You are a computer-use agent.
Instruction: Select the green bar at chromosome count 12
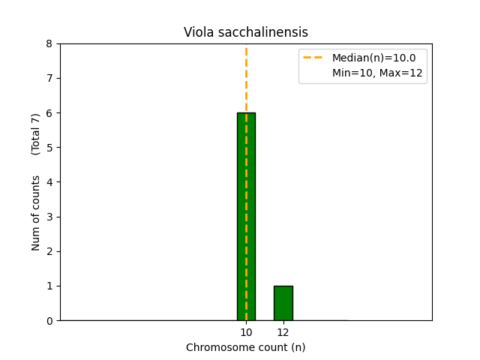click(x=283, y=303)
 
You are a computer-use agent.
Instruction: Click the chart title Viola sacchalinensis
click(x=246, y=32)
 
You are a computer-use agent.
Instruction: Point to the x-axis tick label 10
click(x=246, y=332)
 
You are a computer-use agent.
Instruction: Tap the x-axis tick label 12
click(x=283, y=332)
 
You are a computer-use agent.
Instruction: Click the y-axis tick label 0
click(x=49, y=321)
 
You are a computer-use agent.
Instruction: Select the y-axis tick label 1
click(x=49, y=286)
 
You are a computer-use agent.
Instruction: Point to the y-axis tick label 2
click(x=49, y=251)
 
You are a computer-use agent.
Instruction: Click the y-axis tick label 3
click(x=49, y=217)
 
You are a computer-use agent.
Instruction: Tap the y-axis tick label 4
click(x=49, y=182)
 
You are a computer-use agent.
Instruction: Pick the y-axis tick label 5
click(x=49, y=148)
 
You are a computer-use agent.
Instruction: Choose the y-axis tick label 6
click(x=49, y=113)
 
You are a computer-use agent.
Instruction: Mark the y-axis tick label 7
click(x=49, y=78)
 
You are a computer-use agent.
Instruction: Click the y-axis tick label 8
click(x=49, y=43)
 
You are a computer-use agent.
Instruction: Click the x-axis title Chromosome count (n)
click(x=246, y=347)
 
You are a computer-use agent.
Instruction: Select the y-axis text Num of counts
click(x=36, y=213)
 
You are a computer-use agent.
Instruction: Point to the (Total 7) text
click(x=36, y=134)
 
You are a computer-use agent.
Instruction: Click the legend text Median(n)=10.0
click(x=373, y=58)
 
